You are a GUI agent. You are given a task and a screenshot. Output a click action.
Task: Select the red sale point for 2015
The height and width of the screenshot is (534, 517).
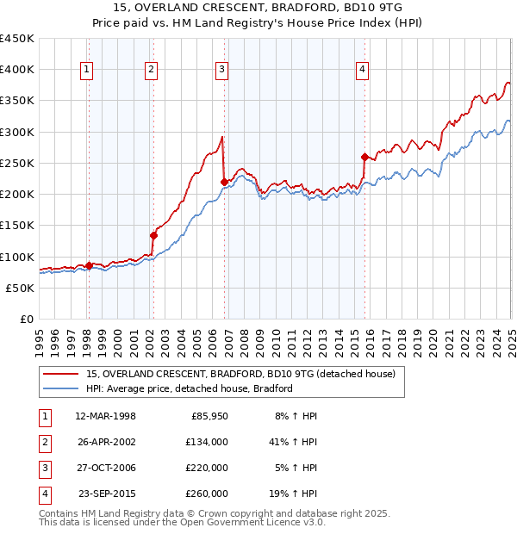[x=364, y=157]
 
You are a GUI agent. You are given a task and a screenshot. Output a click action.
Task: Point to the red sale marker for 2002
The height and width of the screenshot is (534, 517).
[x=154, y=235]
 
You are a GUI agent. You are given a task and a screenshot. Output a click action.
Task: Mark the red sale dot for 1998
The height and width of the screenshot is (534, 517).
[x=89, y=265]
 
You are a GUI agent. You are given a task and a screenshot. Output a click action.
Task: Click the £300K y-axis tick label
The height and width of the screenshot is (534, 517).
[x=17, y=132]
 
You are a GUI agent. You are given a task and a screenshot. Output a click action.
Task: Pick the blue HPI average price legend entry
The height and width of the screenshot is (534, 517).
[x=190, y=388]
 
